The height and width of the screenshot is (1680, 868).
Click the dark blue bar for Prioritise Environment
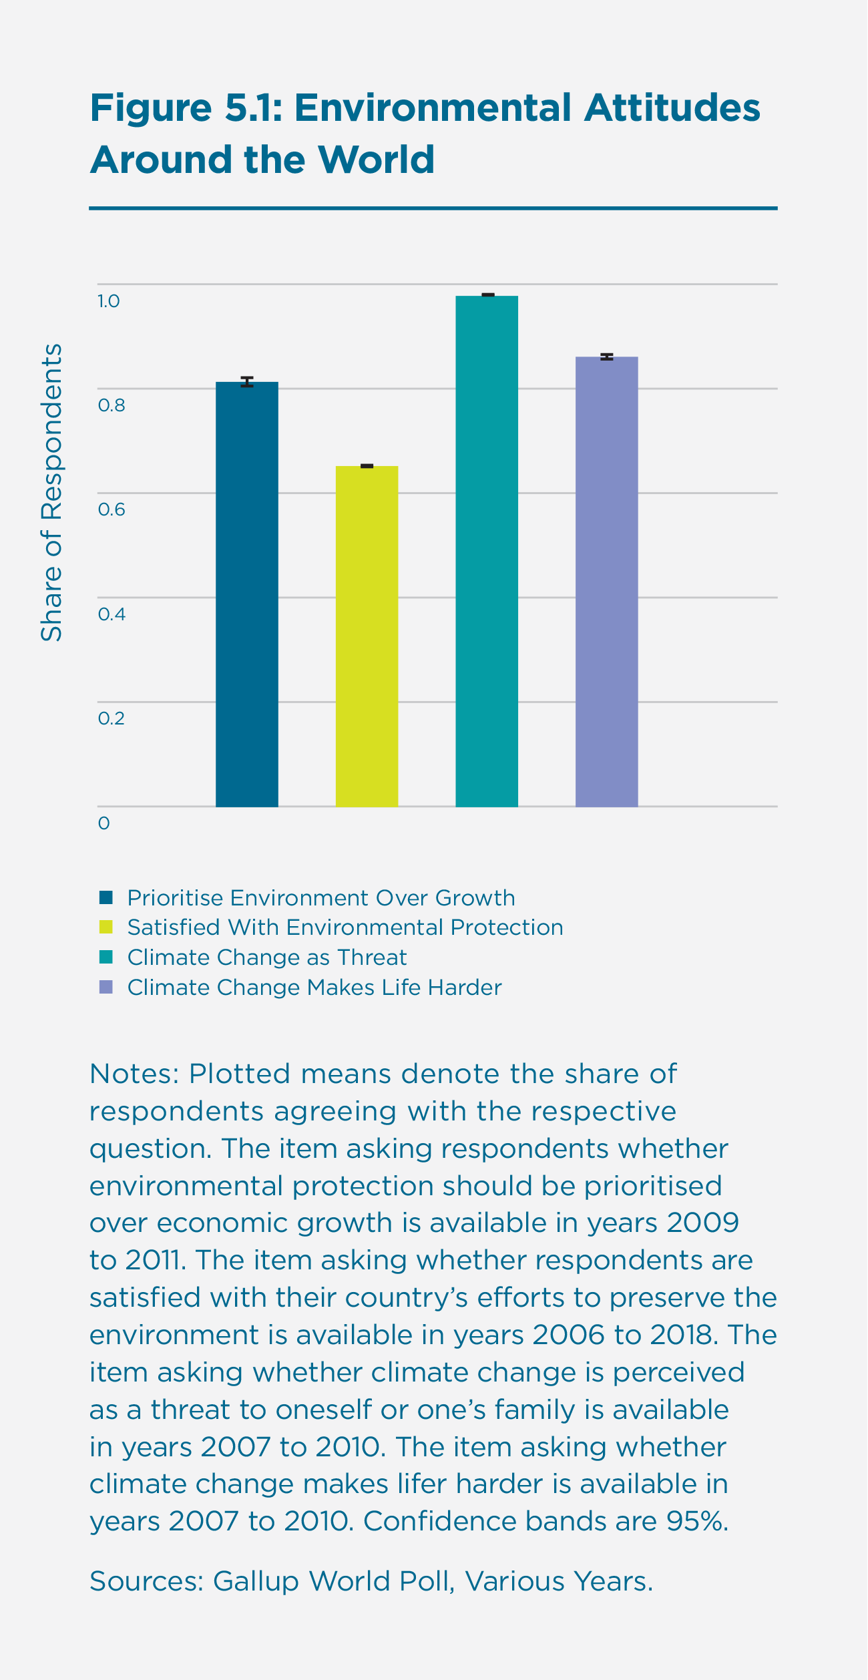246,594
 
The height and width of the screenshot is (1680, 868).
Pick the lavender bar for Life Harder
606,582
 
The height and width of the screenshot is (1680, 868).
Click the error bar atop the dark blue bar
247,382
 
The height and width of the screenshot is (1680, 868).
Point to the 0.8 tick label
112,405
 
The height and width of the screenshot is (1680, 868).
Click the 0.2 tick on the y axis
112,718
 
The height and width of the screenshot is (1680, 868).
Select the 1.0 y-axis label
109,301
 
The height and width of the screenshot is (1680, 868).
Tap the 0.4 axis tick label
112,614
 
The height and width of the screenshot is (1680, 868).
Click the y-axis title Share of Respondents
51,493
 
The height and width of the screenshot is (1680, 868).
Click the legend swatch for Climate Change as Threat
106,957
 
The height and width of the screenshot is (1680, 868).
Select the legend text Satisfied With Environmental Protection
345,927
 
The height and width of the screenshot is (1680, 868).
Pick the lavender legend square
106,987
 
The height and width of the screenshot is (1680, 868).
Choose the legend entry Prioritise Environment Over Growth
321,898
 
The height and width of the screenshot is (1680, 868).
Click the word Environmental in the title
433,108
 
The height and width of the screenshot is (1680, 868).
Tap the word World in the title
376,160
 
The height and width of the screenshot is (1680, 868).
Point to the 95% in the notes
696,1521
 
